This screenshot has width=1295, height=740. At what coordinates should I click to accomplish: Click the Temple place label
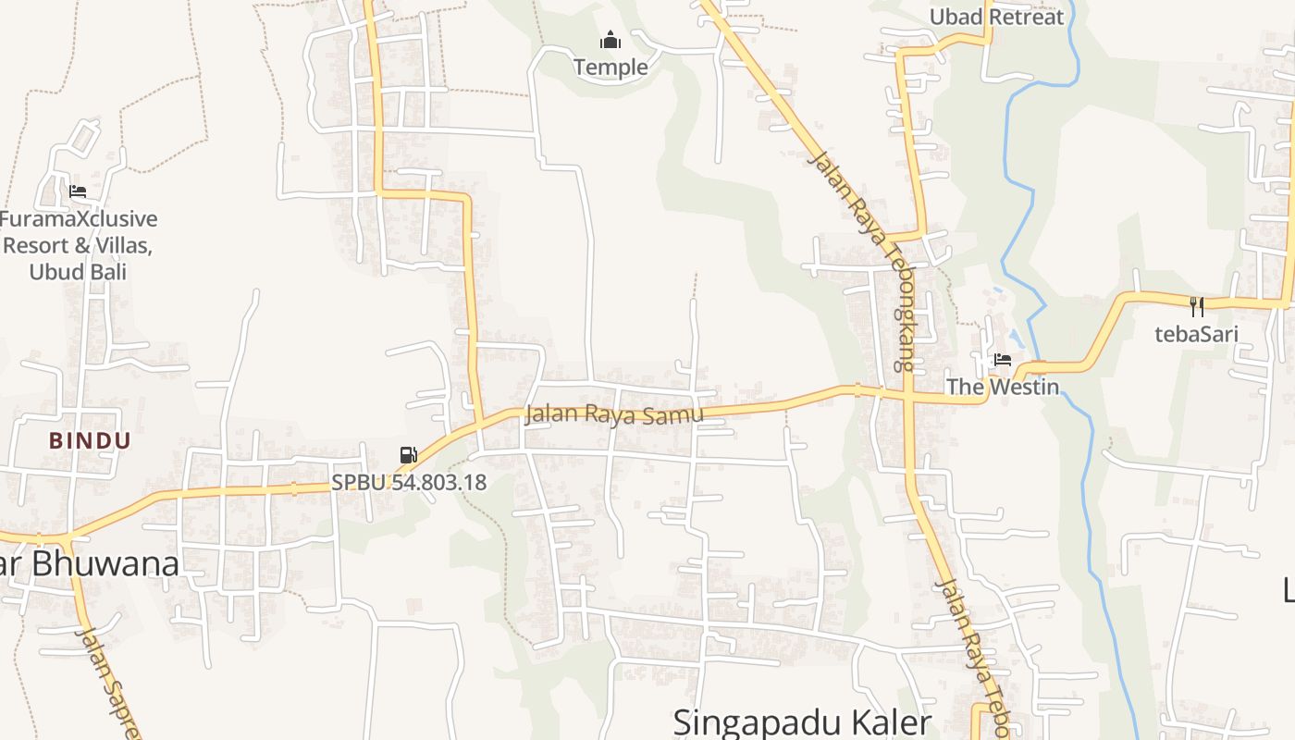pyautogui.click(x=610, y=67)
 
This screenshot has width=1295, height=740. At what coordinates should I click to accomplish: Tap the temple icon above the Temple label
pyautogui.click(x=610, y=40)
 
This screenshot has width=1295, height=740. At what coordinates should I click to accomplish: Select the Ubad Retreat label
pyautogui.click(x=996, y=17)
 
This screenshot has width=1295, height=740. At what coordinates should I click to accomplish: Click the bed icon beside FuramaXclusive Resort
pyautogui.click(x=78, y=191)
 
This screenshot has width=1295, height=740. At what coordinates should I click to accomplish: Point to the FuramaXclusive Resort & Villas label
pyautogui.click(x=79, y=245)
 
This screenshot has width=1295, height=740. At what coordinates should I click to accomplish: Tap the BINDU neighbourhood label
pyautogui.click(x=90, y=440)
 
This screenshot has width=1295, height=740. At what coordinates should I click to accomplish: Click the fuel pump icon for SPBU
pyautogui.click(x=408, y=455)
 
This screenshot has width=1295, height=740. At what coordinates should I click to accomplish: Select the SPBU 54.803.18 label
pyautogui.click(x=409, y=482)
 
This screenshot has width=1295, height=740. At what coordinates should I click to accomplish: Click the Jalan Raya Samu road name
pyautogui.click(x=614, y=413)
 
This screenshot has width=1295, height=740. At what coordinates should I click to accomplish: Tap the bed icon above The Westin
pyautogui.click(x=1002, y=360)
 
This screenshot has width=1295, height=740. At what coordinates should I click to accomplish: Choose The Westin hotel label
pyautogui.click(x=1002, y=387)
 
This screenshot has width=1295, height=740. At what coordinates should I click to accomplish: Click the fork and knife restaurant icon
pyautogui.click(x=1196, y=306)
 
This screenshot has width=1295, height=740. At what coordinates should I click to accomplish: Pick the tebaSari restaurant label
pyautogui.click(x=1196, y=334)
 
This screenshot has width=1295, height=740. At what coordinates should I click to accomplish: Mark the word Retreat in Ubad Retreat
pyautogui.click(x=1027, y=17)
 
